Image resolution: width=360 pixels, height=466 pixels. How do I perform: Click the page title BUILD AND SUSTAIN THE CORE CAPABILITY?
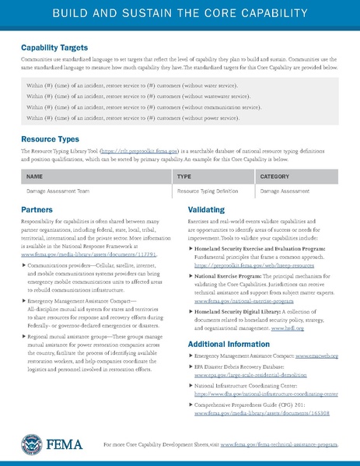180,16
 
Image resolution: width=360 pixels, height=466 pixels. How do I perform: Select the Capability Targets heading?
54,47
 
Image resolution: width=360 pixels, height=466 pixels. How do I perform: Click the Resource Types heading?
48,139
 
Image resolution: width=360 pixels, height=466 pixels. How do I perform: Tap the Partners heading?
37,210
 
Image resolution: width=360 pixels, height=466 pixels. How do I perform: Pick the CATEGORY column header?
274,177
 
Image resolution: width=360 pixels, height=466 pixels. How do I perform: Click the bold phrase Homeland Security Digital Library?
244,311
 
